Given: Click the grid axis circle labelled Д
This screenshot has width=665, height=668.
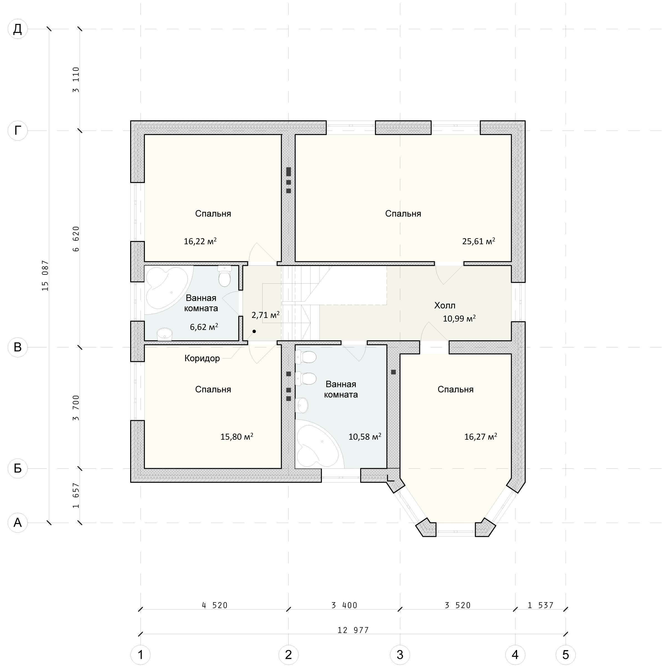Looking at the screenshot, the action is tap(17, 29).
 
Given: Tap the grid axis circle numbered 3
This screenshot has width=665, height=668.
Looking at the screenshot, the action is tap(400, 654).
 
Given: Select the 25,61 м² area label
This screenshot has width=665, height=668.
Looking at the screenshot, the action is tap(478, 241).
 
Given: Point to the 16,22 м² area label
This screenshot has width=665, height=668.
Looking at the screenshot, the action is tap(200, 241).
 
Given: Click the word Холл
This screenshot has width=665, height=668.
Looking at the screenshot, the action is tap(445, 305).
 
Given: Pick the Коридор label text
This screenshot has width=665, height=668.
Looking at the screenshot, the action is tap(202, 358).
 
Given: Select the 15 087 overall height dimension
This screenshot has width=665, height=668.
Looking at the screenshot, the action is tap(45, 276).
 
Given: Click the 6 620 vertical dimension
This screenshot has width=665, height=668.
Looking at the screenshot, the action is tap(76, 238).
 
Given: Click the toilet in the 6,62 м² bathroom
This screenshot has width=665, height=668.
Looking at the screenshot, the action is tap(225, 276).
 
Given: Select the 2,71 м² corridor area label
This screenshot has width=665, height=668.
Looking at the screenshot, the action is tap(265, 315).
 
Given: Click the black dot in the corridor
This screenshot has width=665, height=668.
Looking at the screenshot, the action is tap(254, 331).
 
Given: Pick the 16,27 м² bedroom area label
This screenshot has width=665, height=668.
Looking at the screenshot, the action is tap(481, 437).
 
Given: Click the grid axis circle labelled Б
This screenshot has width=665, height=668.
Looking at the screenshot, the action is tap(17, 469).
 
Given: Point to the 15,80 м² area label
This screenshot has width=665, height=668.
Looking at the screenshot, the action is tap(237, 437).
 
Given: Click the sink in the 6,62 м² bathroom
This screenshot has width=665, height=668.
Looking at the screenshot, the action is tap(164, 334).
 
